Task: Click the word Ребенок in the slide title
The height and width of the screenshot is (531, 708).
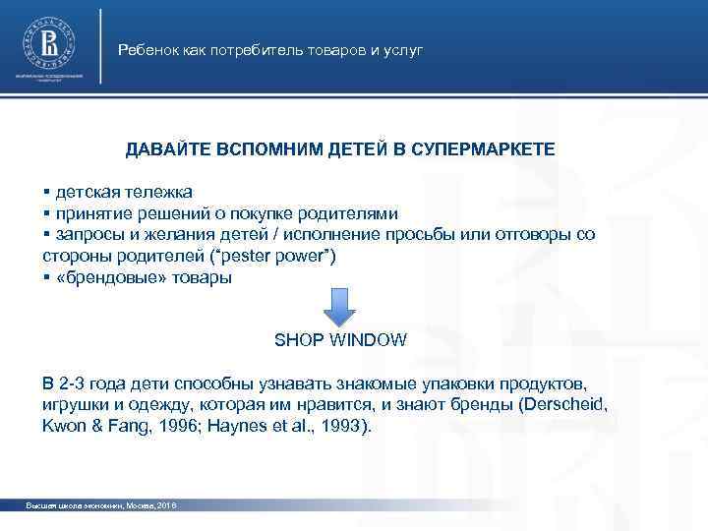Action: click(145, 49)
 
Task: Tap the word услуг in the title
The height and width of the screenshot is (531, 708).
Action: click(403, 49)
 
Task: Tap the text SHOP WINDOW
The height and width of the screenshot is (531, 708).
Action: click(339, 340)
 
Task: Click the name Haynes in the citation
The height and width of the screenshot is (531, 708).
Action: click(232, 428)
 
